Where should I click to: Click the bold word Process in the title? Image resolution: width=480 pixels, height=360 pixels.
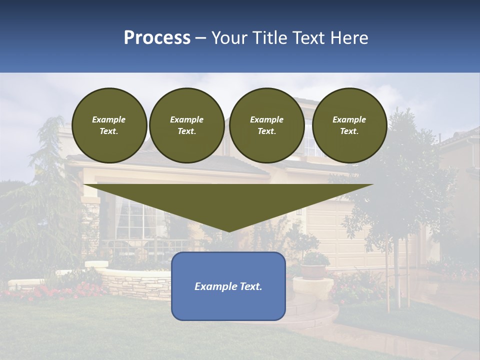tap(157, 37)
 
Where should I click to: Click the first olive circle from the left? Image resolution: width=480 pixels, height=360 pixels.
tap(109, 125)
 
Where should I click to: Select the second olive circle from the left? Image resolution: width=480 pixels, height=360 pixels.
tap(187, 125)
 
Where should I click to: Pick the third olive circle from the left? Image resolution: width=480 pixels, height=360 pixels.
tap(267, 125)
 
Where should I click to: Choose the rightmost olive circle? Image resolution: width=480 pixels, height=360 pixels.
tap(349, 125)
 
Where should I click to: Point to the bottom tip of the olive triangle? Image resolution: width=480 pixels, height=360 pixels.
tap(228, 231)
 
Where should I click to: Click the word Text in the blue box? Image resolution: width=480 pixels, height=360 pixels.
tap(250, 286)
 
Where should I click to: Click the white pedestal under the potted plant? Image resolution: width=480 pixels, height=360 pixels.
tap(312, 288)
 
